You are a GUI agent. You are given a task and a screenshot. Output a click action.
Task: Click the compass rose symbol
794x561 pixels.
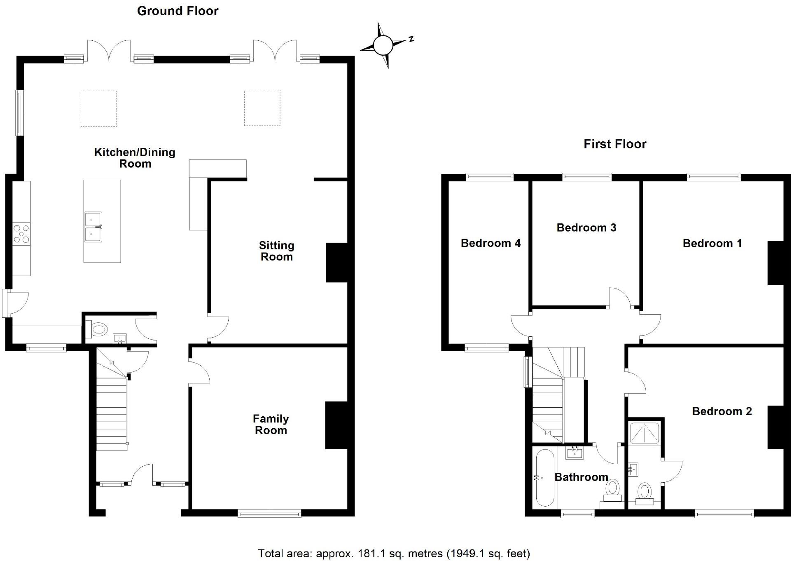(383, 45)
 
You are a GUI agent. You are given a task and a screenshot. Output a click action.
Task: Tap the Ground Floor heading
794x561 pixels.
(177, 11)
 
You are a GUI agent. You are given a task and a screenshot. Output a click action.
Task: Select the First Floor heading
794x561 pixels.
(615, 144)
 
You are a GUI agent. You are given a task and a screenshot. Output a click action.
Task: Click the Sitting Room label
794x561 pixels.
(276, 251)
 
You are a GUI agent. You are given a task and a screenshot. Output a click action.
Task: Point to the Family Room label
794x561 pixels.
(271, 425)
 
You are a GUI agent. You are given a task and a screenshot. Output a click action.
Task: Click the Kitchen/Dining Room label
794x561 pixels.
(135, 158)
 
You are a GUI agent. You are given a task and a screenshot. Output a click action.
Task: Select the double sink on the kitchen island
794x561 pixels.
(93, 227)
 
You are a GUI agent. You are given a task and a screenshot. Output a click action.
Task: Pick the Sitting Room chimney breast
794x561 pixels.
(337, 263)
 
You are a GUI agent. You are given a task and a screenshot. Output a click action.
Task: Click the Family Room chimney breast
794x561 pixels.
(336, 425)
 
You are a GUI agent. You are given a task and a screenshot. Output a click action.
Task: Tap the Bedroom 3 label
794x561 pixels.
(586, 228)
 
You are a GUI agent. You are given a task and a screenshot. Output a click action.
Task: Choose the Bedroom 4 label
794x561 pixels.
(490, 243)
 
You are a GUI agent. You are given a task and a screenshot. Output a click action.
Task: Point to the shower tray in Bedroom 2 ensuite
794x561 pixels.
(645, 433)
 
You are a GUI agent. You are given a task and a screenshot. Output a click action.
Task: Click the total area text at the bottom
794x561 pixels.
(394, 553)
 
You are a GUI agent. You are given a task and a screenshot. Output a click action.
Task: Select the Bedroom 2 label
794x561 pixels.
(722, 411)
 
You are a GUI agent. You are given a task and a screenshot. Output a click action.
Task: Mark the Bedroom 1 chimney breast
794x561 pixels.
(775, 263)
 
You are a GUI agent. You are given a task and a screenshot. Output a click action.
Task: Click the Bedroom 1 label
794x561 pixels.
(712, 243)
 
